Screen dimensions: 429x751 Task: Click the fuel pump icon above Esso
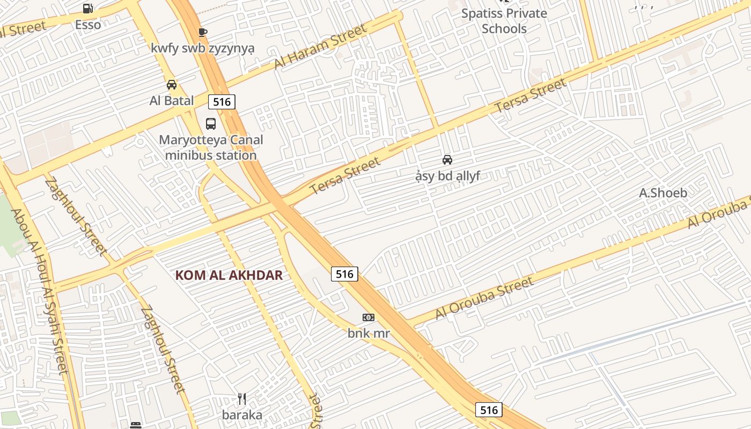point(88,8)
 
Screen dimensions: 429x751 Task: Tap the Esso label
point(88,25)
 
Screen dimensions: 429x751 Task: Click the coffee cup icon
point(202,32)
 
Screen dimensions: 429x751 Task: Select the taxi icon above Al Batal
point(172,85)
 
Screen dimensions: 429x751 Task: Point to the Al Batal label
point(172,100)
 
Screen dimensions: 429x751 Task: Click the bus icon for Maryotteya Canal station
point(211,124)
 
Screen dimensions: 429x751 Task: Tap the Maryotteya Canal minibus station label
point(211,148)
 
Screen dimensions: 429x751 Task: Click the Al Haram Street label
point(320,46)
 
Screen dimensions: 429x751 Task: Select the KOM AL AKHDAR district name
point(229,276)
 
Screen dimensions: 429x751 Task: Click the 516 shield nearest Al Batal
point(222,102)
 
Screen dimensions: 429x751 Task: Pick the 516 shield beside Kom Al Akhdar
point(344,274)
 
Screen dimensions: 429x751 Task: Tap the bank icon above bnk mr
point(369,317)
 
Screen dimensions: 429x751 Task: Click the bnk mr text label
point(369,333)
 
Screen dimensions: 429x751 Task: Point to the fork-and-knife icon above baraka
point(242,399)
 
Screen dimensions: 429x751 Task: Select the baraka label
point(242,415)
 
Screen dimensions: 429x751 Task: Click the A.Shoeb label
point(663,193)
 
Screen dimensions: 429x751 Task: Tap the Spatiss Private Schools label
point(504,21)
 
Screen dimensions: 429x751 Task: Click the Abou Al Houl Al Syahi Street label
point(40,292)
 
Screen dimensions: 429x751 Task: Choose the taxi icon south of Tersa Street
point(447,160)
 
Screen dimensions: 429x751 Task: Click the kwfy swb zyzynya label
point(203,48)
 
